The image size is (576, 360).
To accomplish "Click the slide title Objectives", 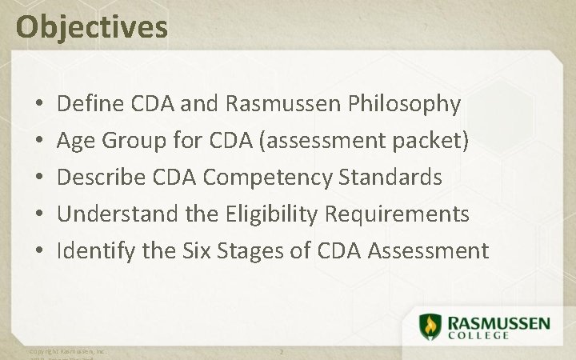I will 92,26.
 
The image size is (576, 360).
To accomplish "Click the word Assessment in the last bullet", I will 428,251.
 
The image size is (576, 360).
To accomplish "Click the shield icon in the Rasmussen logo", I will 430,326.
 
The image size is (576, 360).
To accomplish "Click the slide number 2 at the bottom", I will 282,352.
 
